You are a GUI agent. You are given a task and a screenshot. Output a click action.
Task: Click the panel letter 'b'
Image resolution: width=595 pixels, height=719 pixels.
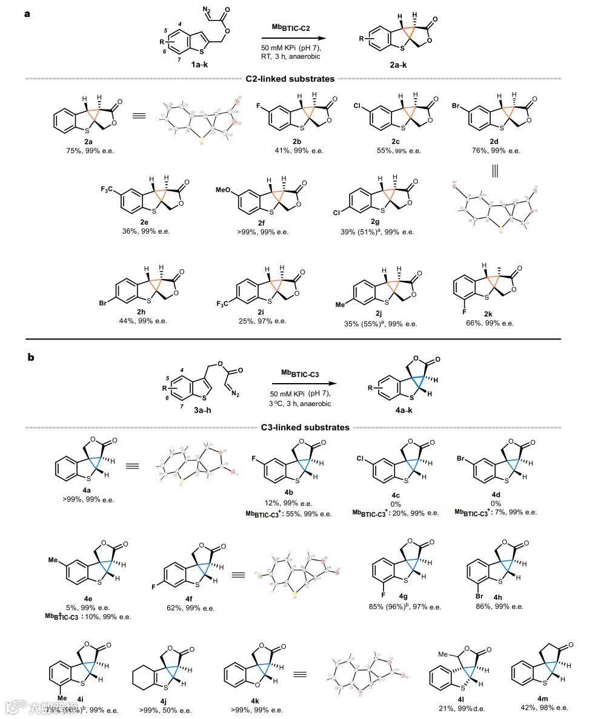(30, 357)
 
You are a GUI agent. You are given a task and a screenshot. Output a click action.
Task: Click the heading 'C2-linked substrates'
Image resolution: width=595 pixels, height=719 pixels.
(290, 78)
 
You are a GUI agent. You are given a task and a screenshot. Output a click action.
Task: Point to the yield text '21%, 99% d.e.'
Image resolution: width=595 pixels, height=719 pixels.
(462, 708)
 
